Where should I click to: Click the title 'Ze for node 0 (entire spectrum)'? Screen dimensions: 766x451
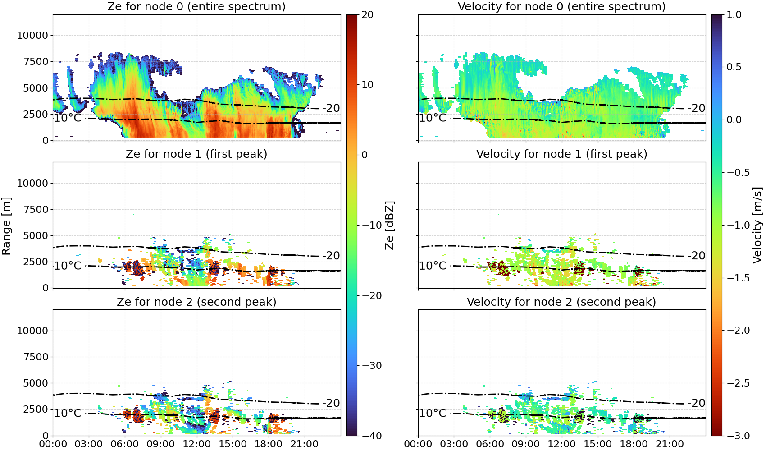[x=196, y=6]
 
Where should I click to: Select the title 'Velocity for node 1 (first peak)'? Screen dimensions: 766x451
[x=561, y=154]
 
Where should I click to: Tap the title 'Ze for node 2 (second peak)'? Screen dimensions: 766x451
[x=196, y=302]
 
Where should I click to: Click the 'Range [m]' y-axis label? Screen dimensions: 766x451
[x=6, y=226]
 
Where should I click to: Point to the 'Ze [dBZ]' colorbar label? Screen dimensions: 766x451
[x=389, y=225]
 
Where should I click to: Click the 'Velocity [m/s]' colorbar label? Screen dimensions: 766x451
[x=757, y=225]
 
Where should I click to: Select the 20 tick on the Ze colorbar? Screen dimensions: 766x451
[x=367, y=15]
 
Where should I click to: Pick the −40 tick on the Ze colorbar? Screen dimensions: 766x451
[x=371, y=436]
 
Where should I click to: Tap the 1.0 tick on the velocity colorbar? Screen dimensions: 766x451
[x=734, y=15]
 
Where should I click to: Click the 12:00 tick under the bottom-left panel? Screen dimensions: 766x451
[x=196, y=444]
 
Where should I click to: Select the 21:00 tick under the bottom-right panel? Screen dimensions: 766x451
[x=669, y=444]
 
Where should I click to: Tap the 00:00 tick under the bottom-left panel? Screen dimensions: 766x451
[x=53, y=444]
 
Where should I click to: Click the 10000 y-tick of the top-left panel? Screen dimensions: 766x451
[x=32, y=35]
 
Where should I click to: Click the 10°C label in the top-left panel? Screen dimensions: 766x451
[x=68, y=118]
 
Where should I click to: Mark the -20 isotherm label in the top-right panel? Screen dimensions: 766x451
[x=696, y=108]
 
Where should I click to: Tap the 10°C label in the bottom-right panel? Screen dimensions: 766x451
[x=433, y=414]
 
